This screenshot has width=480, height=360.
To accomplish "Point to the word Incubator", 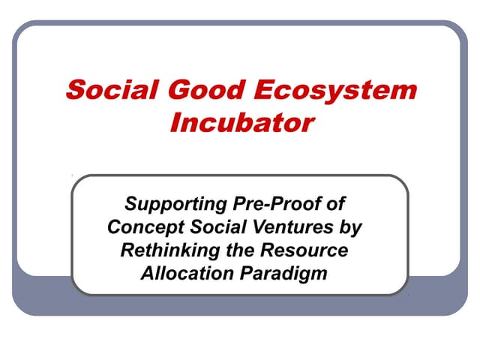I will coord(240,121).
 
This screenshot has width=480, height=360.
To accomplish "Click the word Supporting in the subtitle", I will coord(173,204).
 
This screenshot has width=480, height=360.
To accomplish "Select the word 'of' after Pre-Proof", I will coord(340,203).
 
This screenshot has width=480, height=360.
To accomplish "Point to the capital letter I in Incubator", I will coord(174,121).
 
